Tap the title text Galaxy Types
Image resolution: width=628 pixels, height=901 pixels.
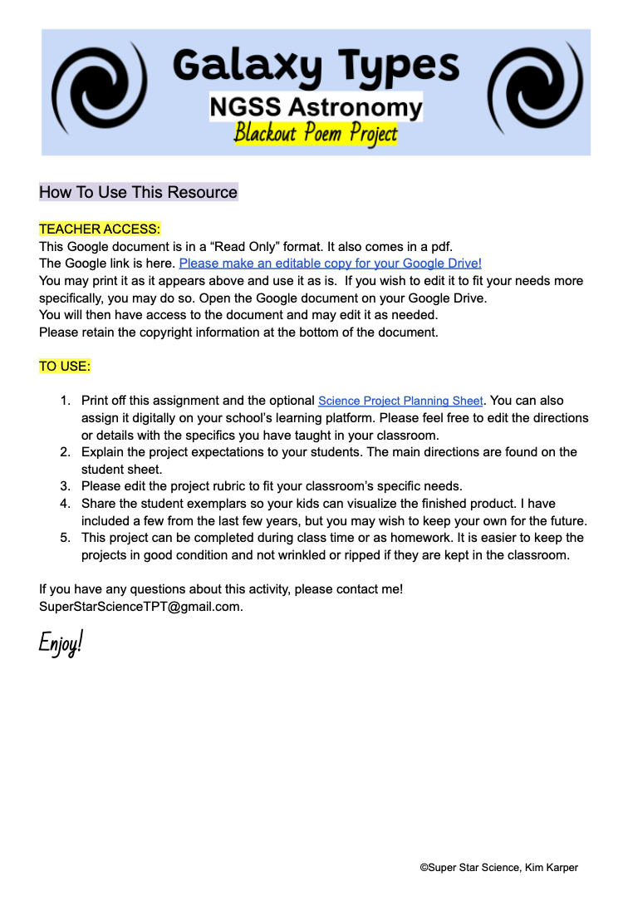316,65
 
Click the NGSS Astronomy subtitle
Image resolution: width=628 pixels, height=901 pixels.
316,107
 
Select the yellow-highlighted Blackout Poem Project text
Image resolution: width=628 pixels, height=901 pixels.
316,133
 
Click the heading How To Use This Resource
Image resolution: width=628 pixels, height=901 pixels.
138,192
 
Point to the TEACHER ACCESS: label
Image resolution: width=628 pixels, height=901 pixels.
100,229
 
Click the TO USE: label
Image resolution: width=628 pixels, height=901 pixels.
65,366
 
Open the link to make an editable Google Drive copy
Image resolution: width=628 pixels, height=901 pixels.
331,263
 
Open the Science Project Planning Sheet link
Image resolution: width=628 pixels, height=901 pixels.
400,401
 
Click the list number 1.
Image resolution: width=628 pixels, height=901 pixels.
64,401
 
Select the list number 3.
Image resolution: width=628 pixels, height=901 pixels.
64,486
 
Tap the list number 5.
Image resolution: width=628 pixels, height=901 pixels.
64,538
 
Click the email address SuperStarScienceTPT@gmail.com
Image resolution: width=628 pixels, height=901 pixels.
140,606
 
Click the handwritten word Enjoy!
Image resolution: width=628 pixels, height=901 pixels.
61,643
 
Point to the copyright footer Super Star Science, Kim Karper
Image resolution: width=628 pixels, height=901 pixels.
498,867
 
